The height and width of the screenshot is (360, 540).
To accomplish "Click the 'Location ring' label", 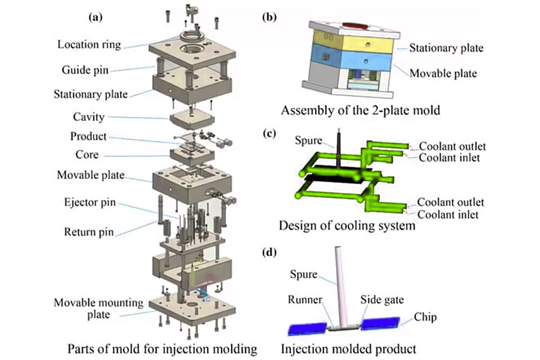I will pos(89,44).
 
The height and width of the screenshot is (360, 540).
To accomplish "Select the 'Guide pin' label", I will pos(85,70).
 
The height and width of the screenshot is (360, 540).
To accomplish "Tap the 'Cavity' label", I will pos(89,118).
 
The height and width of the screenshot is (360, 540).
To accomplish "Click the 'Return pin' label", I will pos(89,231).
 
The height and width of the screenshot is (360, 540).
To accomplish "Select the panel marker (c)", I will pos(269,133).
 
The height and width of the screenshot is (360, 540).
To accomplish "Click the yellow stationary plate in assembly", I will pos(354,44).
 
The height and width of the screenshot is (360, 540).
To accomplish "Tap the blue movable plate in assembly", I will pos(354,63).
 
